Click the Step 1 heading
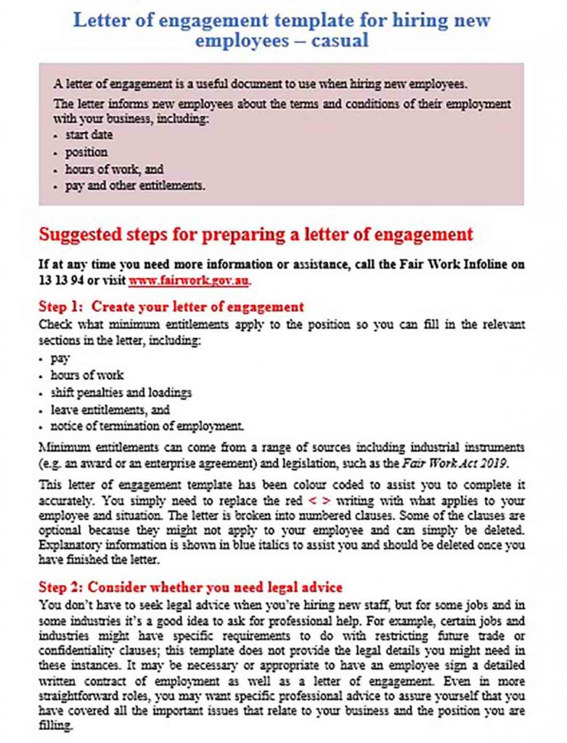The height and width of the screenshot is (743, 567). coord(171,306)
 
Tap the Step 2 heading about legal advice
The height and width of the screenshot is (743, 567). coord(190,586)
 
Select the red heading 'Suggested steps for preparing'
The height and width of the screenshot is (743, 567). coord(256,234)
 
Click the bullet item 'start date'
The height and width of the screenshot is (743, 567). coord(89,135)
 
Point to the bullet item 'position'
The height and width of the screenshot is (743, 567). coord(86,152)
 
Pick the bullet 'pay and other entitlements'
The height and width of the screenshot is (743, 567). coord(135,186)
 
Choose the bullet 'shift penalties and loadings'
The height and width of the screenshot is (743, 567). coord(121,393)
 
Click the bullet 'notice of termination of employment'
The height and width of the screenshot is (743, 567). coord(147,426)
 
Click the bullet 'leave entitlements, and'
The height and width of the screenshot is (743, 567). coord(110,409)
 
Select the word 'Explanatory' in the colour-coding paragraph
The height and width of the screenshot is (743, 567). coord(70,544)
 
